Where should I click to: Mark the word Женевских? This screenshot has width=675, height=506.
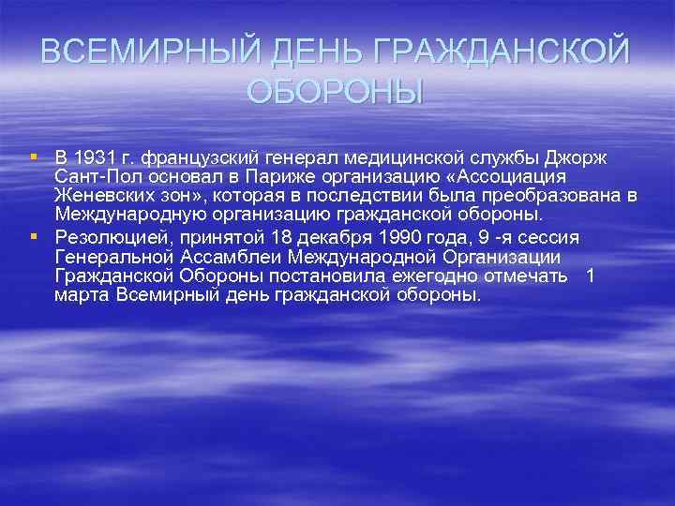coord(105,195)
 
